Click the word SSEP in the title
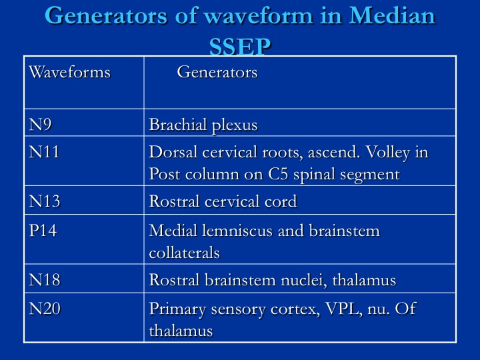(240, 46)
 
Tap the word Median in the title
(392, 15)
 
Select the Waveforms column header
(70, 72)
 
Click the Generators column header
(217, 72)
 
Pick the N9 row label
(40, 125)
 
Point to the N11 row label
(44, 152)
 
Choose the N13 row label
(45, 201)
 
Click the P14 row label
(43, 230)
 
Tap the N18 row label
(45, 280)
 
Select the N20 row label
(45, 308)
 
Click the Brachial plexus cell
(203, 125)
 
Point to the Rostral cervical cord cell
(223, 201)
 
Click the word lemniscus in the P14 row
(237, 231)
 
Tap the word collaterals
(184, 253)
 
